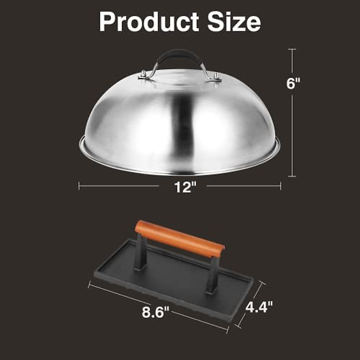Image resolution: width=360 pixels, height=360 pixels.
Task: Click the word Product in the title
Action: click(x=149, y=22)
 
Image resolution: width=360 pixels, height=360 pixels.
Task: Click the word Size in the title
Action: click(x=234, y=22)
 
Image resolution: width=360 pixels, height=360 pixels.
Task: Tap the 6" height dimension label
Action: click(x=293, y=83)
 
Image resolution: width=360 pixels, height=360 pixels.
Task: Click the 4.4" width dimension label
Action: click(x=259, y=307)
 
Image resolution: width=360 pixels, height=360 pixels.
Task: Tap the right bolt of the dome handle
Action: click(x=216, y=76)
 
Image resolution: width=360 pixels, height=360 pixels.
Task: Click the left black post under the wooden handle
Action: click(x=141, y=252)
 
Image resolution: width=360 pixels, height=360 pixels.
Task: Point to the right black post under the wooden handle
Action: click(x=212, y=274)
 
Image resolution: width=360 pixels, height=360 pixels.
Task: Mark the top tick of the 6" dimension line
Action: click(x=292, y=49)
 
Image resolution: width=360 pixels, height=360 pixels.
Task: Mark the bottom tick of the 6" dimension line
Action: click(x=292, y=176)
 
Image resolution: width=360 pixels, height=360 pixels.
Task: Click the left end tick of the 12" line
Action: click(x=79, y=186)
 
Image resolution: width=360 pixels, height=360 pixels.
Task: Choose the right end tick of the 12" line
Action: click(x=280, y=186)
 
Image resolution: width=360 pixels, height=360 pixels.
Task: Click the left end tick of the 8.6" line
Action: click(x=89, y=284)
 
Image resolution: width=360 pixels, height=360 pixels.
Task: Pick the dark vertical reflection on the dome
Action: click(x=183, y=126)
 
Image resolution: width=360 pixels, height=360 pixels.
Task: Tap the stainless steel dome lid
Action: click(x=126, y=126)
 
